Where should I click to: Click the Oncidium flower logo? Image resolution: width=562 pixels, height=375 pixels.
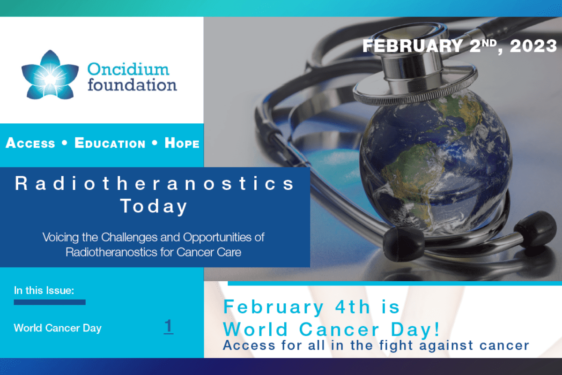click(x=50, y=75)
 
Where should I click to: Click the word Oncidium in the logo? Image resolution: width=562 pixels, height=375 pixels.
click(x=128, y=69)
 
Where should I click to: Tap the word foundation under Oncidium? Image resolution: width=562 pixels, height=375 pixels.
click(x=132, y=85)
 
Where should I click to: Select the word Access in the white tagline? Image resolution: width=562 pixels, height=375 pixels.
click(x=30, y=143)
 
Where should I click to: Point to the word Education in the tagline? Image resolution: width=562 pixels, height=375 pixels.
click(x=110, y=143)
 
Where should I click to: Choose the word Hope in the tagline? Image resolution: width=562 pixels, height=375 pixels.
click(x=182, y=143)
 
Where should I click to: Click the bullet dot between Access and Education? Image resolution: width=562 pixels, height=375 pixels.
click(x=65, y=142)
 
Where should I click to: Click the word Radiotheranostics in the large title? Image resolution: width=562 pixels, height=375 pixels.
click(x=155, y=183)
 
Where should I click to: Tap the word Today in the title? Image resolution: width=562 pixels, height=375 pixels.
click(x=154, y=206)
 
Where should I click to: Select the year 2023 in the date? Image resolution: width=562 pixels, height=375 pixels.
click(x=533, y=46)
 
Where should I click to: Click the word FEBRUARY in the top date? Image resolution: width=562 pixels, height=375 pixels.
click(x=413, y=46)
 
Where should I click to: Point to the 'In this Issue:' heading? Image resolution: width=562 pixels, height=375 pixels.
click(x=44, y=290)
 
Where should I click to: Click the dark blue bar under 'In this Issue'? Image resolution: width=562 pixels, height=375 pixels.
click(x=50, y=302)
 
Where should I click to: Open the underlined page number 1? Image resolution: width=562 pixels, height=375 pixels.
click(x=168, y=326)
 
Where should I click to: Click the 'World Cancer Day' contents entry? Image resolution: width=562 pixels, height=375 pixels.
click(x=58, y=328)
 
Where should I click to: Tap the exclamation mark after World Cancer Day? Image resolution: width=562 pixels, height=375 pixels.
click(x=437, y=329)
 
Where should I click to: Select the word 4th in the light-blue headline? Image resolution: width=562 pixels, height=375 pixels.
click(x=353, y=307)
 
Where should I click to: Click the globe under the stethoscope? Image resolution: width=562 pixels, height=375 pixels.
click(x=435, y=163)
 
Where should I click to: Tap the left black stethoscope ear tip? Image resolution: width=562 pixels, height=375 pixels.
click(x=403, y=244)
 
